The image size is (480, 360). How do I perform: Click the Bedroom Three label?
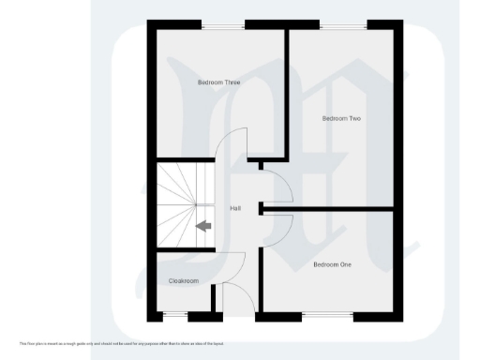point(218,82)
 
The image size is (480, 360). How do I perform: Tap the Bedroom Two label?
point(341,118)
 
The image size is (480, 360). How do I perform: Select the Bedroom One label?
point(332,264)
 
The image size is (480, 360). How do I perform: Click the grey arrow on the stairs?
point(202,225)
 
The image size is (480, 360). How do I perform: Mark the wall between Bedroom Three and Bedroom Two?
point(287,94)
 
